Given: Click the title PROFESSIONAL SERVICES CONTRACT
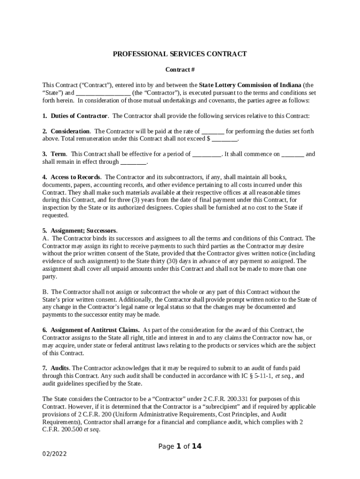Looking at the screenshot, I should tap(180, 54).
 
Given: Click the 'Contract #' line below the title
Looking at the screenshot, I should tap(180, 70).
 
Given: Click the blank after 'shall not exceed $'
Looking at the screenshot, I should tap(225, 138).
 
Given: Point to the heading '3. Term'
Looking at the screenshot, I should tap(54, 154).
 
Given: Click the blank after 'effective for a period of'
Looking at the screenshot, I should tap(206, 154).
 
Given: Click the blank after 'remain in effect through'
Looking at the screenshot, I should tap(133, 161).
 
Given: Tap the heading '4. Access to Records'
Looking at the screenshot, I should tap(72, 177).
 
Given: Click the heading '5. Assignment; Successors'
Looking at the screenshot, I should tap(79, 231).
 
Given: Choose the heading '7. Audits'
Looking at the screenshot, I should tap(56, 368).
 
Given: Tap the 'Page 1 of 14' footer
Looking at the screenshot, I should tap(180, 446).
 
